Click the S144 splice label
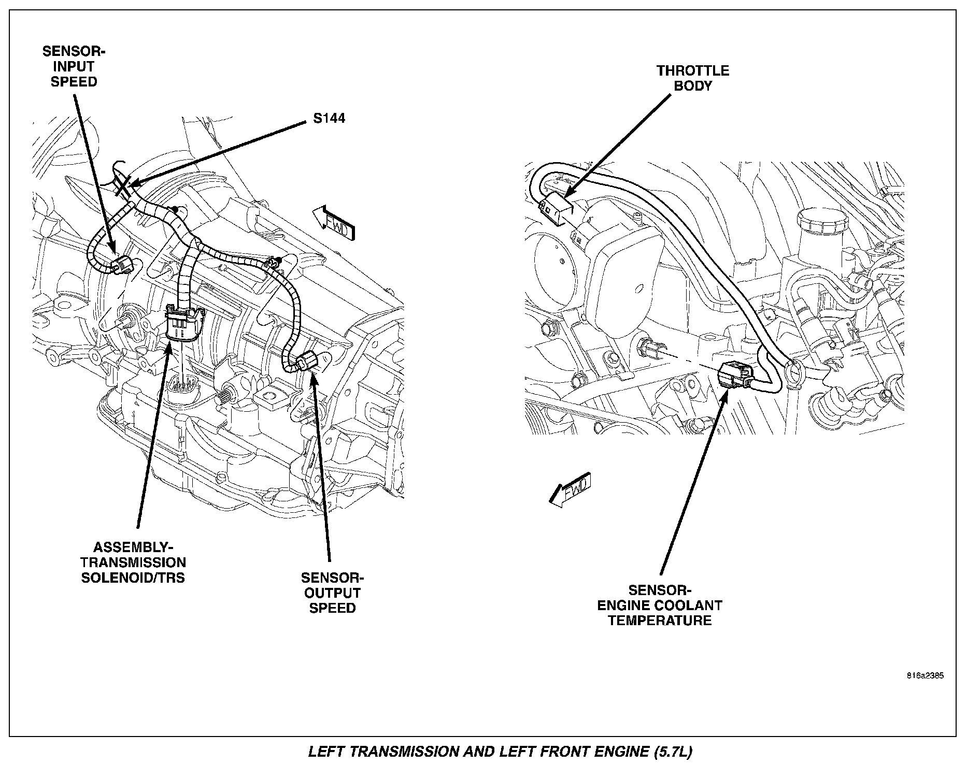[329, 119]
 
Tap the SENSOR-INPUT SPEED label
[74, 67]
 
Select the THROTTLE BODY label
[693, 78]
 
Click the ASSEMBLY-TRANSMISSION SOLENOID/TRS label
[133, 562]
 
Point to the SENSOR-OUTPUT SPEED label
[332, 593]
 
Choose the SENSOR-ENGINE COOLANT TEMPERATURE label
[660, 605]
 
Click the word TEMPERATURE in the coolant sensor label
[660, 621]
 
